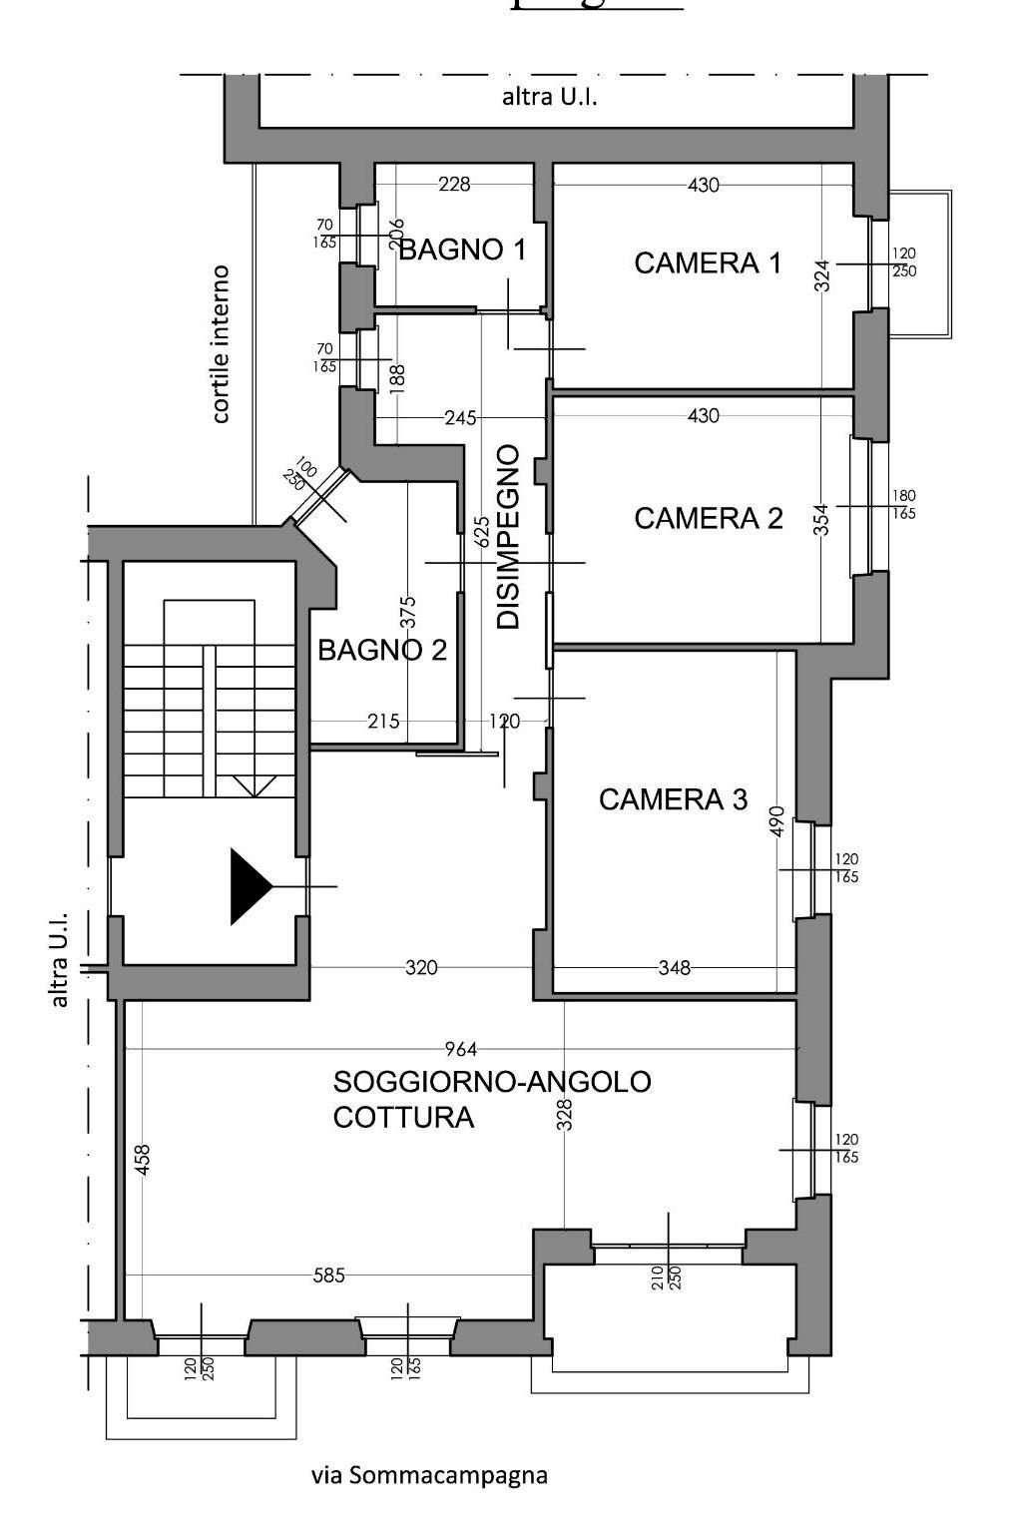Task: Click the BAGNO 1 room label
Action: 461,250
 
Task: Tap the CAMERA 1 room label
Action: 708,263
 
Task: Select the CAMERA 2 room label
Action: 708,518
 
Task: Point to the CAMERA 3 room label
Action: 673,799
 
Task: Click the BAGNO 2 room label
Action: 381,651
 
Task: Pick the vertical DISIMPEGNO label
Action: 509,537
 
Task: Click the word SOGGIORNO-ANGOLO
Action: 492,1082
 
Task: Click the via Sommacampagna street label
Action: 429,1475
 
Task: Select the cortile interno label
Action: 221,344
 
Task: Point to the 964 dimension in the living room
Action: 461,1049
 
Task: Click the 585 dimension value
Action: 328,1276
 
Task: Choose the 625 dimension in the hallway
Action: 482,531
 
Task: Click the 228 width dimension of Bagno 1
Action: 454,184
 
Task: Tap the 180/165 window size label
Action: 904,505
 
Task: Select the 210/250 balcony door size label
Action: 666,1277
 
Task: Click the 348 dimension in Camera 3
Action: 675,967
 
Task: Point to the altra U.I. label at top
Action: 549,98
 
